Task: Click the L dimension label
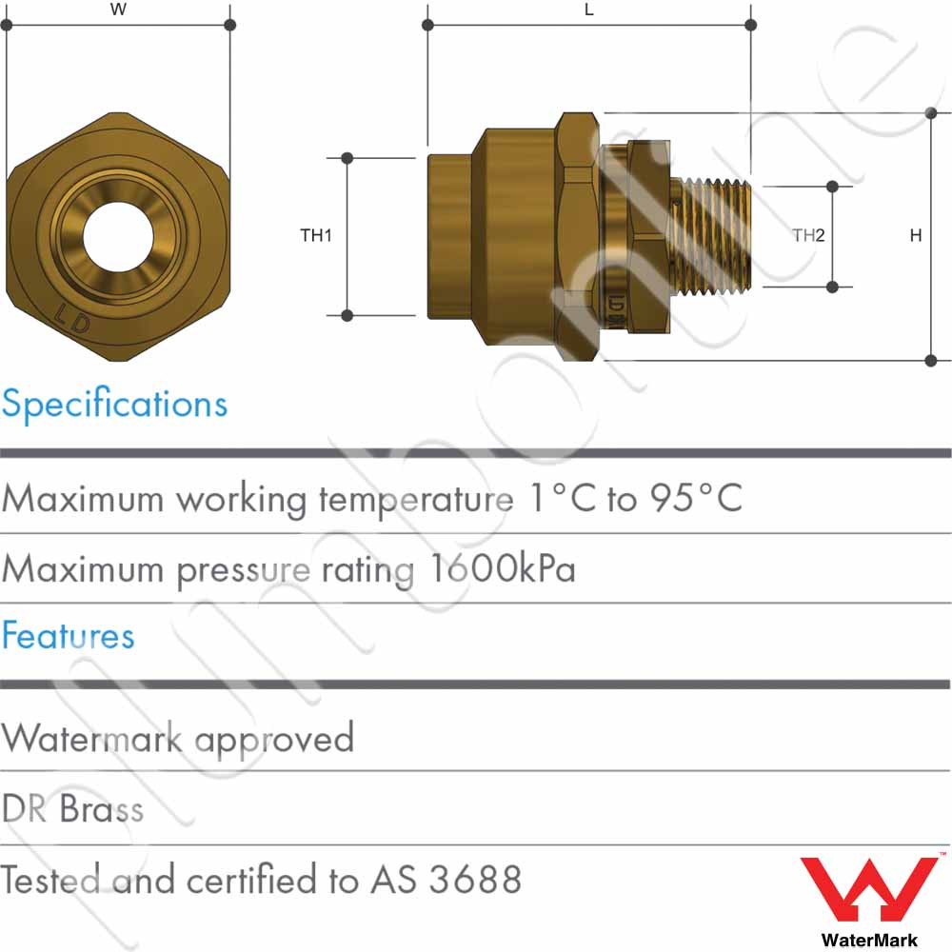[x=588, y=10]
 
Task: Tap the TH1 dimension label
[x=316, y=236]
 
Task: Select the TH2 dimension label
[x=808, y=236]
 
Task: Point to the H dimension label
[x=915, y=236]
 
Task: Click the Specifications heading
[x=114, y=404]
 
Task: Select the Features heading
[x=68, y=636]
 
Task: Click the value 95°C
[x=693, y=498]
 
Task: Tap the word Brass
[x=102, y=809]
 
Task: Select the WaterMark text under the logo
[x=869, y=940]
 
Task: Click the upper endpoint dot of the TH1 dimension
[x=347, y=157]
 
